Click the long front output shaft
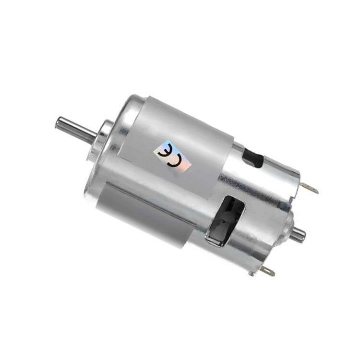(77, 126)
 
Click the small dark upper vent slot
(253, 157)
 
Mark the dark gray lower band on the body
(144, 216)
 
